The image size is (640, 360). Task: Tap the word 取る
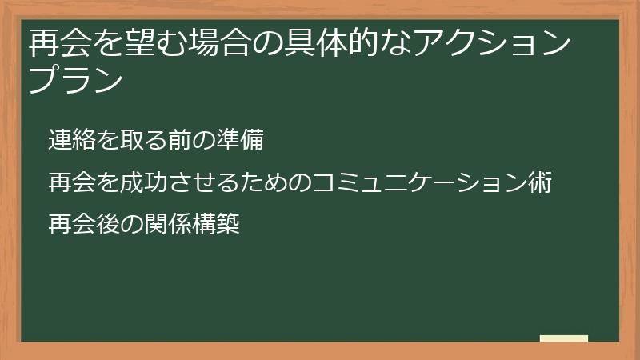(145, 141)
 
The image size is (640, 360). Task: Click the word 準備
(241, 141)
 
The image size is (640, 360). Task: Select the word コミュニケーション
(418, 183)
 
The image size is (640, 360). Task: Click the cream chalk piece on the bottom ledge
(564, 338)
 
